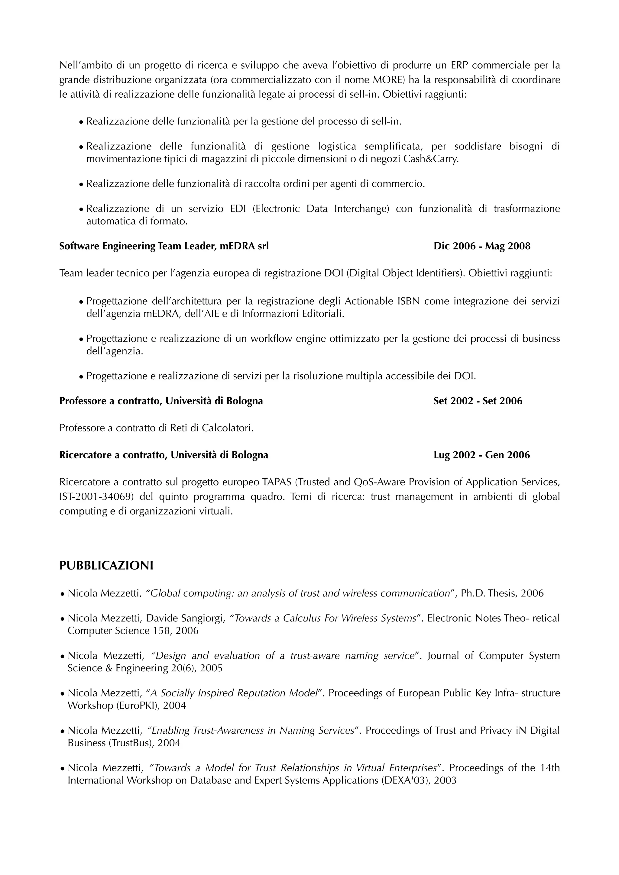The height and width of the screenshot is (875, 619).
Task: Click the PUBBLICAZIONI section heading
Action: (x=106, y=566)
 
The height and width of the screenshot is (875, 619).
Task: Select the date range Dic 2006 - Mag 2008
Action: (x=482, y=246)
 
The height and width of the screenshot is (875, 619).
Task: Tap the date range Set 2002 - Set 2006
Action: (x=478, y=401)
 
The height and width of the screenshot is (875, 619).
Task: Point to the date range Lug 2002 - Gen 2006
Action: (x=481, y=455)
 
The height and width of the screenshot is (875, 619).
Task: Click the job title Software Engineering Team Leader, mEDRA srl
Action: (x=164, y=246)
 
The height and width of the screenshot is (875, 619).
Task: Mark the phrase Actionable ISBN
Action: (x=382, y=302)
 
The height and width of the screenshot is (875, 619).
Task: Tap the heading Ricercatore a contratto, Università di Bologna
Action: (x=164, y=455)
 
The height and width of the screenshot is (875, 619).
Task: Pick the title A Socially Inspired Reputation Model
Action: (x=235, y=693)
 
